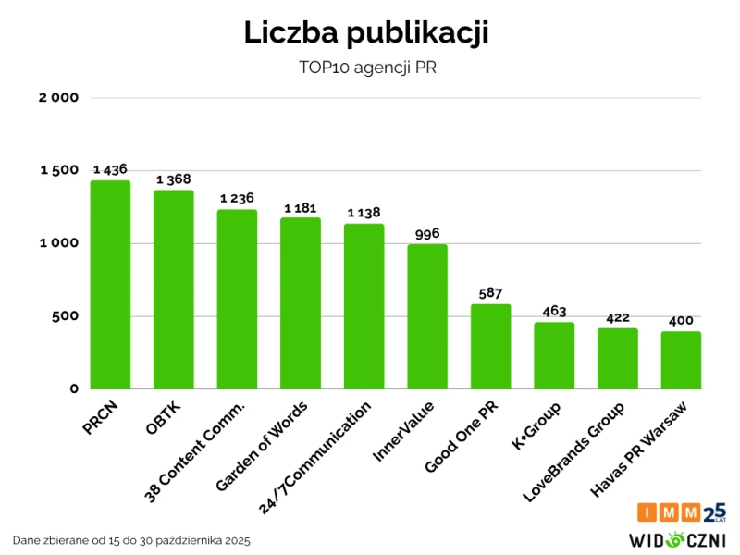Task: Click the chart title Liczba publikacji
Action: point(366,32)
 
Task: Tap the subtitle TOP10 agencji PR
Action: point(366,68)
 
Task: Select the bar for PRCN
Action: point(110,285)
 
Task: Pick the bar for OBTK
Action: point(174,290)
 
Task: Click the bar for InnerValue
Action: point(427,317)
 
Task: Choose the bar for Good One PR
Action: point(491,347)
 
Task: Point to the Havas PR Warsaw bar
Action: point(681,361)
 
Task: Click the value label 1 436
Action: point(110,169)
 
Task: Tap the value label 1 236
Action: point(237,198)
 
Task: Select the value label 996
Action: point(427,233)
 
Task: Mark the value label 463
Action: point(554,311)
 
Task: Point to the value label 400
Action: point(681,320)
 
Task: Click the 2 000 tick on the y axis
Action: point(59,98)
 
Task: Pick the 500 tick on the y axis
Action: point(65,316)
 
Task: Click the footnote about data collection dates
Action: point(131,539)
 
